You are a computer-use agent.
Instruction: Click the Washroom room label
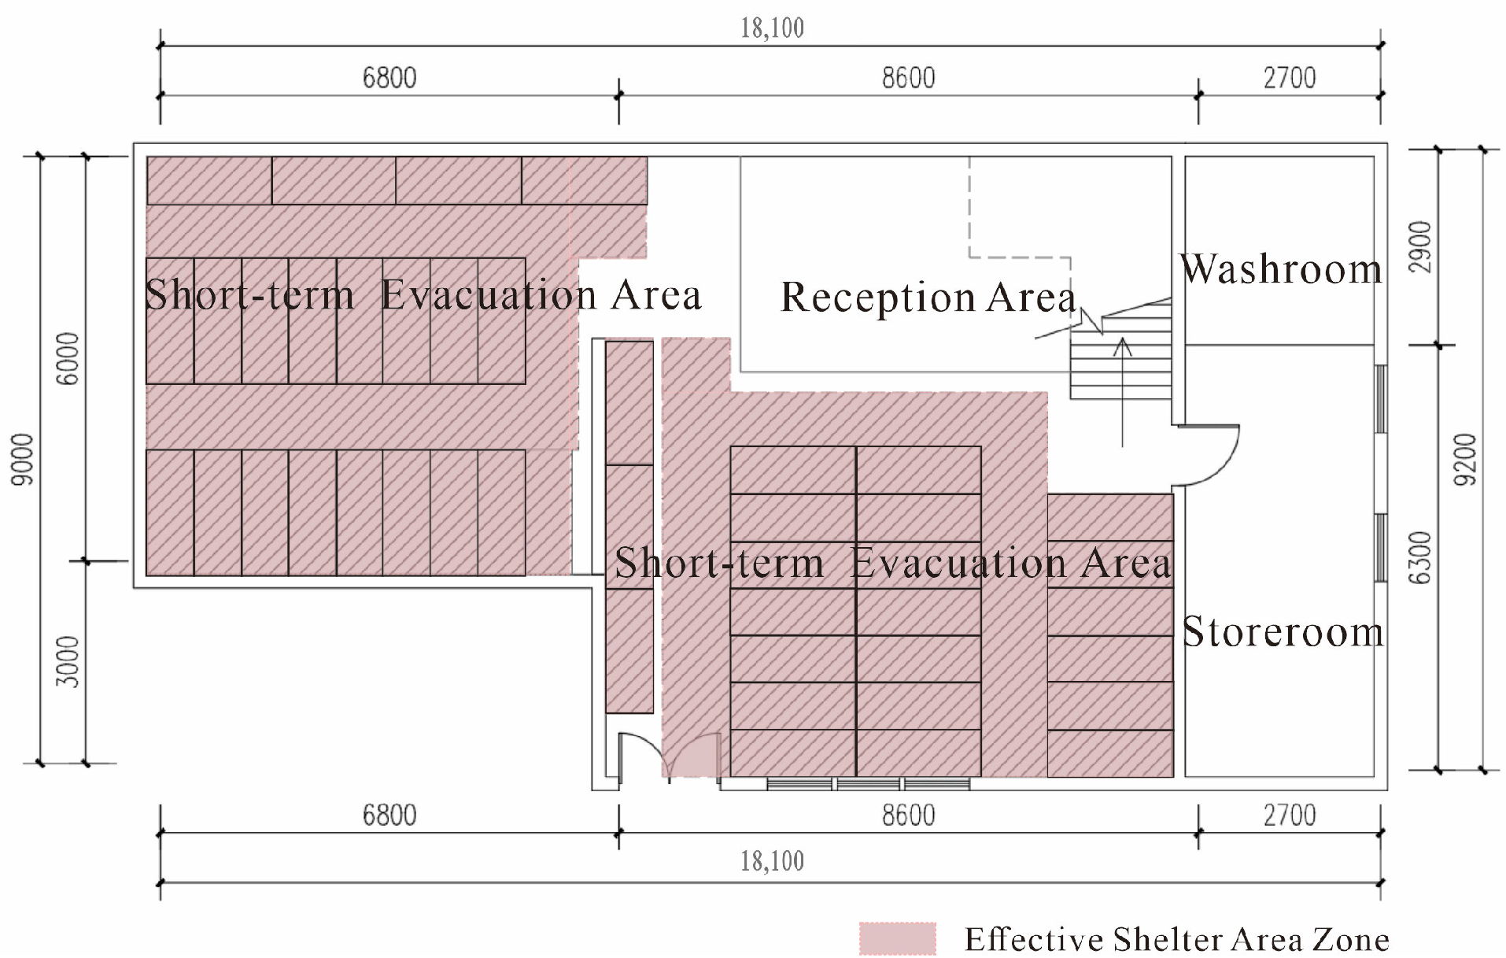click(x=1280, y=269)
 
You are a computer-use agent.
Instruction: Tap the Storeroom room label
click(x=1283, y=632)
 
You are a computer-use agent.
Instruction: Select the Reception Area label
click(x=928, y=298)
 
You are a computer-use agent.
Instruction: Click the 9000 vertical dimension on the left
click(x=24, y=459)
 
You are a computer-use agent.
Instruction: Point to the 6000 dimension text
click(x=68, y=358)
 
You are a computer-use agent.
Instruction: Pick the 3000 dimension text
click(x=68, y=662)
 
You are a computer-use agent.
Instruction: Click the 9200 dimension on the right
click(x=1465, y=459)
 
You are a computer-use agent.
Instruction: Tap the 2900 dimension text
click(x=1420, y=247)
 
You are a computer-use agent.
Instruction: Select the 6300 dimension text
click(x=1420, y=558)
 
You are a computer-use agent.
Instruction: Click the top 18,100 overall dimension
click(x=772, y=28)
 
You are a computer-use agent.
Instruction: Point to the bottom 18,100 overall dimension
click(x=772, y=861)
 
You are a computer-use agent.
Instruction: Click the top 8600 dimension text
click(x=909, y=78)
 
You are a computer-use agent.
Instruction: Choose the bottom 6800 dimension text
click(x=389, y=815)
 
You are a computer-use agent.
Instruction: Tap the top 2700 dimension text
click(x=1290, y=78)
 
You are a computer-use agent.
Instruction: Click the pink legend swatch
click(x=898, y=938)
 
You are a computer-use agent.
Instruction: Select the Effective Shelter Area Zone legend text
click(x=1177, y=940)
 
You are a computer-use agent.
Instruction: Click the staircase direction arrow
click(x=1123, y=392)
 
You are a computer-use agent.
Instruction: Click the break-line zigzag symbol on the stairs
click(x=1091, y=321)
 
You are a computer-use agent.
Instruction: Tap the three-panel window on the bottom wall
click(x=868, y=783)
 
